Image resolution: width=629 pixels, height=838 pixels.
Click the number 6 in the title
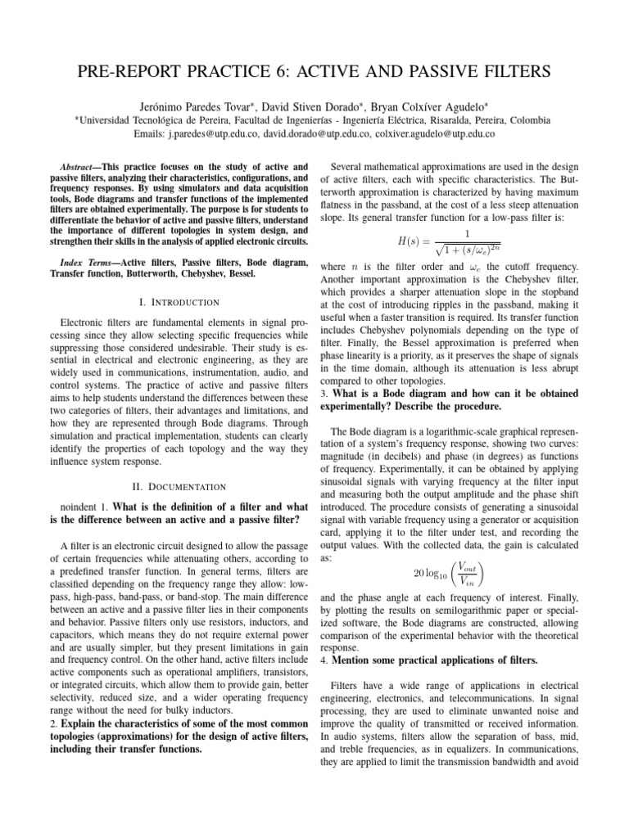pos(276,71)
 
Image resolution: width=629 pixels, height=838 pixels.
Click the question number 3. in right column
pos(324,394)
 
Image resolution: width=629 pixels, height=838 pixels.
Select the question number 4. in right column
pos(324,659)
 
